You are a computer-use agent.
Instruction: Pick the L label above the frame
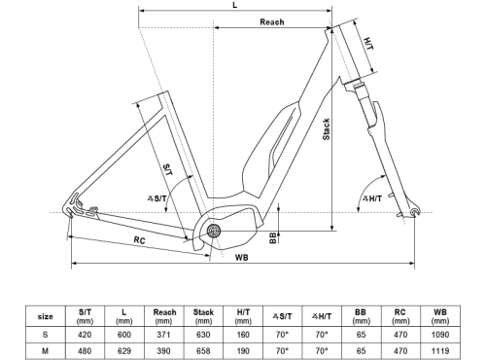(x=235, y=6)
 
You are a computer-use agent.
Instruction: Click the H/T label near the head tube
(x=368, y=43)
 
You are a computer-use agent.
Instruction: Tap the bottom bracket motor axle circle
(x=213, y=231)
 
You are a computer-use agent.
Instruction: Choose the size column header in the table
(x=46, y=315)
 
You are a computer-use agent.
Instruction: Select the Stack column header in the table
(x=203, y=315)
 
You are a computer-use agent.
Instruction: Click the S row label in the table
(x=46, y=334)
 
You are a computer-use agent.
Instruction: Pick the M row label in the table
(x=46, y=349)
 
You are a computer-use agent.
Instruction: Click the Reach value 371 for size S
(x=163, y=334)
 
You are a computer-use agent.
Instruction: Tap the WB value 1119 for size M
(x=439, y=349)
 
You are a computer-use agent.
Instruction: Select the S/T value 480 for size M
(x=85, y=349)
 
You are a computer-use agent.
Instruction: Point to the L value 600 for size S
(x=123, y=334)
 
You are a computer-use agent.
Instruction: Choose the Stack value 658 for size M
(x=203, y=349)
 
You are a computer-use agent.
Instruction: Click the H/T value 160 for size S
(x=243, y=334)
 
